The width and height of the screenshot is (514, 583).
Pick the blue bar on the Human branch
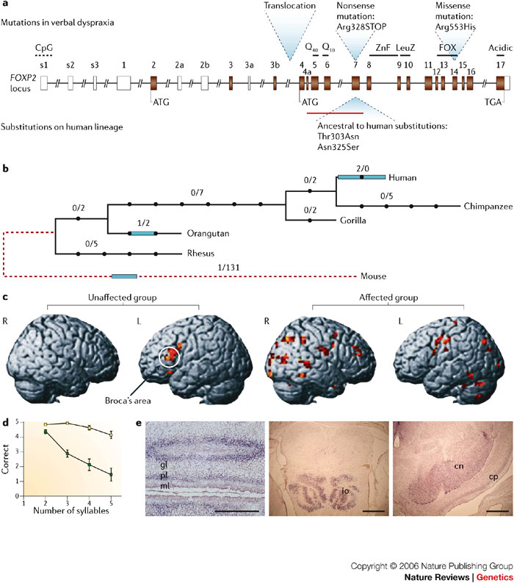[x=361, y=177]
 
